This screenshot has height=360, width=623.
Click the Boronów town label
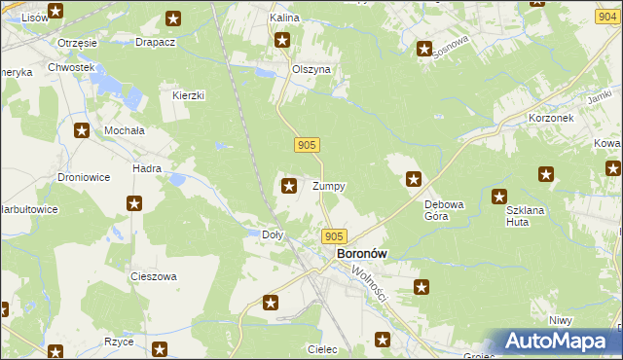(x=361, y=253)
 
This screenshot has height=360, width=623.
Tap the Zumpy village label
(x=328, y=185)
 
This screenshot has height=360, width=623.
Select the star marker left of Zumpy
(x=289, y=185)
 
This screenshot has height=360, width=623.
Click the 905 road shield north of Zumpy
(x=306, y=145)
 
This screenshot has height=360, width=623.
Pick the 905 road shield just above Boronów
(x=334, y=236)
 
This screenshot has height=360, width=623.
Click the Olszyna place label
(x=312, y=70)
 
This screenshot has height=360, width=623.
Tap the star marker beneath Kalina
(x=282, y=40)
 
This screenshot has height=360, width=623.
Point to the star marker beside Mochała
(x=82, y=130)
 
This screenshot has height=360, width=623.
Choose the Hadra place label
(x=147, y=168)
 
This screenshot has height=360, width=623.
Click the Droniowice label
(x=83, y=178)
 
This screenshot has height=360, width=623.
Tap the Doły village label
(x=274, y=234)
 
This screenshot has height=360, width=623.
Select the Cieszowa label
(x=154, y=276)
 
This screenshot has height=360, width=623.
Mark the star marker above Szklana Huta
(x=499, y=197)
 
